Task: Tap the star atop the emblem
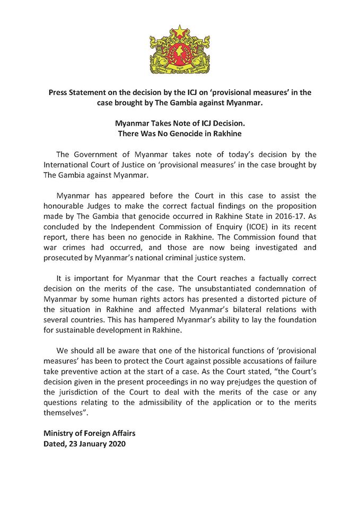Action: pyautogui.click(x=179, y=30)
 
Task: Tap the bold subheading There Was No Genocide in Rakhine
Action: pyautogui.click(x=179, y=133)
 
